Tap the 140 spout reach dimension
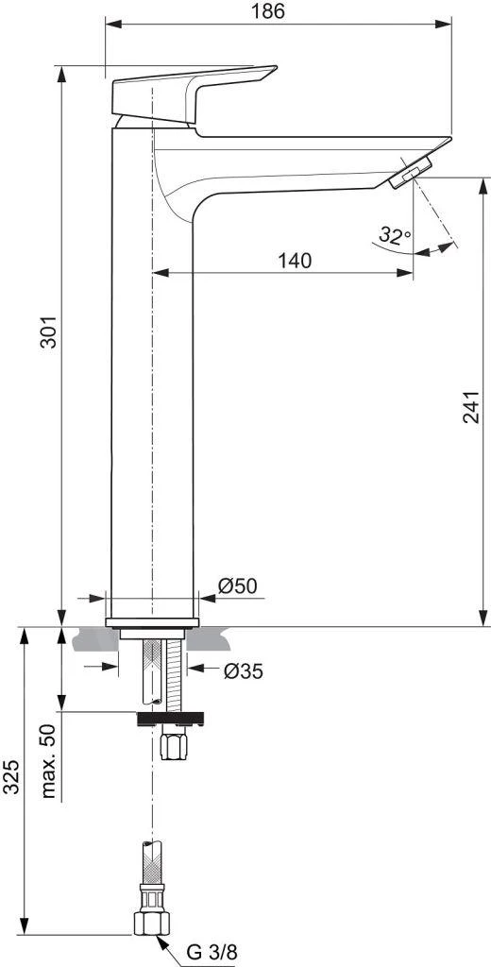(295, 261)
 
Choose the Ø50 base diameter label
(237, 586)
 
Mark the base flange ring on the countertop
(152, 622)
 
